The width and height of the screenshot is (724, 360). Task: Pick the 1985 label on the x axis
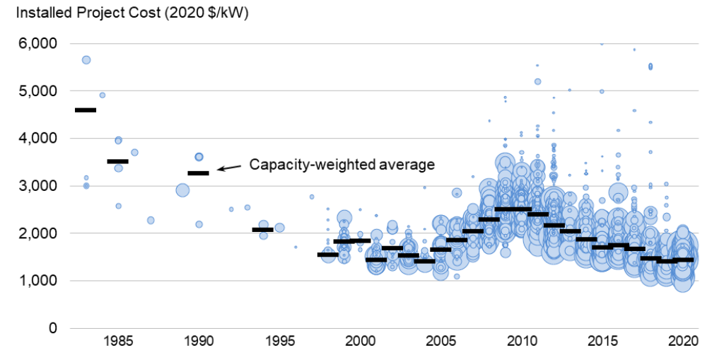pos(117,341)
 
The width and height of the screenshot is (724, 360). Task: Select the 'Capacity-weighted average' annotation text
pos(341,164)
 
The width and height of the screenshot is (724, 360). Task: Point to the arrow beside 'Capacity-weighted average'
pos(228,168)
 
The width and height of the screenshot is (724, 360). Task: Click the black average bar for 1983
pos(86,110)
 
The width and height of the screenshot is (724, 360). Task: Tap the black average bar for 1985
pos(117,161)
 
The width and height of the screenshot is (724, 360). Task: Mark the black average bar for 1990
pos(198,173)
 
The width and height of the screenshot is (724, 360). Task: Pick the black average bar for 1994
pos(263,229)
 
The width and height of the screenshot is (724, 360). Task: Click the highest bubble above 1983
pos(86,60)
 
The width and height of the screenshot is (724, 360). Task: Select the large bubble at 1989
pos(182,190)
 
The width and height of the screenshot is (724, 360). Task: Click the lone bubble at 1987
pos(151,221)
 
